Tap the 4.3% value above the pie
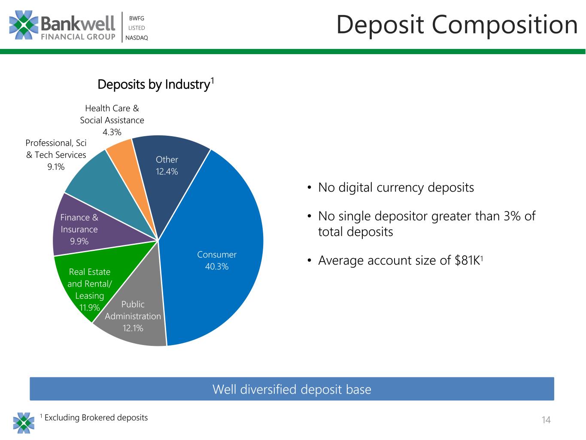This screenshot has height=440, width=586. [112, 132]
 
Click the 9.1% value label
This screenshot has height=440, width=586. [56, 167]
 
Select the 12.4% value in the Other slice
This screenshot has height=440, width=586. [167, 171]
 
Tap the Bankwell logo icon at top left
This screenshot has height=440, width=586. [24, 25]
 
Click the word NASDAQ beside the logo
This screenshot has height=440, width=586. [137, 38]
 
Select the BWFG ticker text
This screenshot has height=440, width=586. [137, 18]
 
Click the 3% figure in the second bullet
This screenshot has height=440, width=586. [512, 216]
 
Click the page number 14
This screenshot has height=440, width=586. [546, 420]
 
